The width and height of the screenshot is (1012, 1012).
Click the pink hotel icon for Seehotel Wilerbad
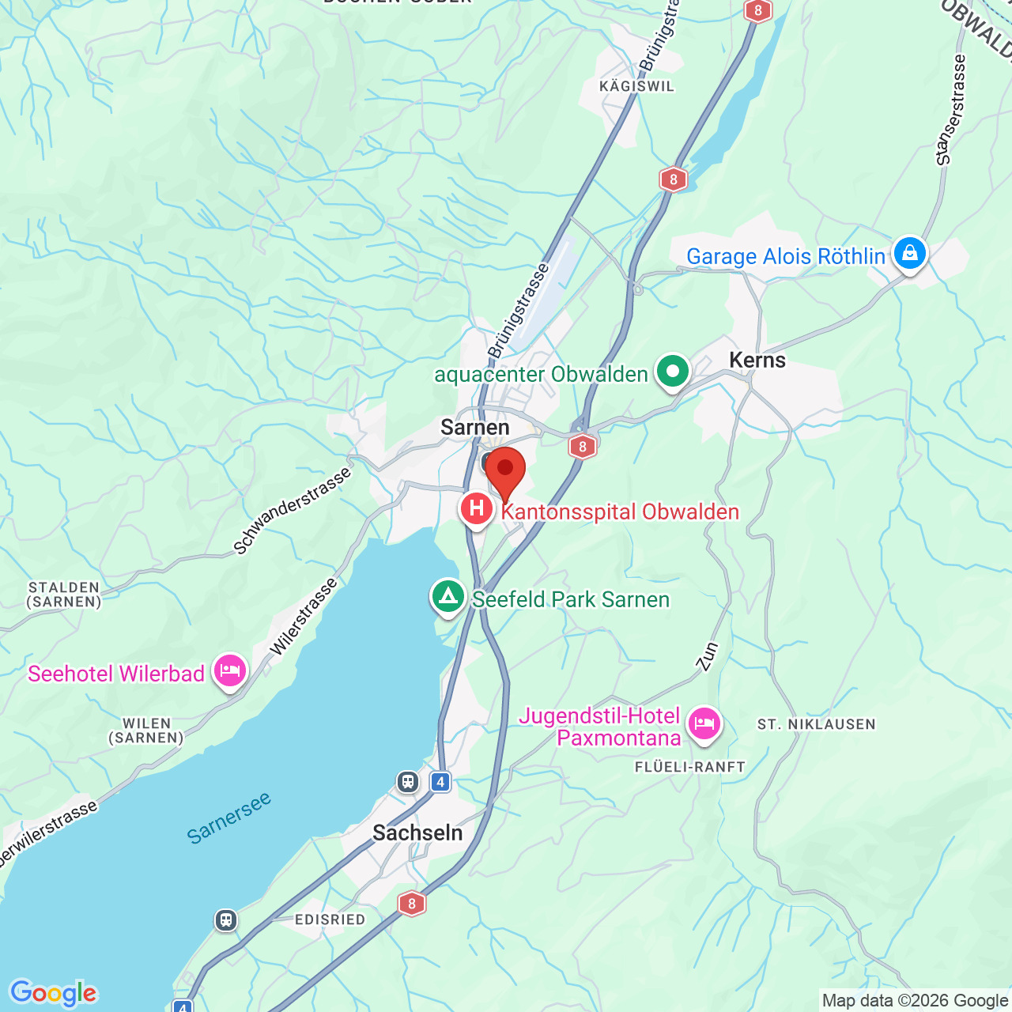tap(230, 671)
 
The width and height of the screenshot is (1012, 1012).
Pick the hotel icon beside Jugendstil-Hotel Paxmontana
tap(704, 723)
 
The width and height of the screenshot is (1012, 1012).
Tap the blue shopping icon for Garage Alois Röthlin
tap(910, 254)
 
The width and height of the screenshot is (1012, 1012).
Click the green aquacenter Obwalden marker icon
tap(672, 371)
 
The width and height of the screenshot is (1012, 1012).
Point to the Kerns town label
tap(757, 361)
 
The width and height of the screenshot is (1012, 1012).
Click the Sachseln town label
tap(417, 833)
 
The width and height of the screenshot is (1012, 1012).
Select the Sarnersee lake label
tap(229, 817)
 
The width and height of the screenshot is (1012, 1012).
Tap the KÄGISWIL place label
tap(637, 86)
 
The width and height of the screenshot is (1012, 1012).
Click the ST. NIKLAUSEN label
tap(817, 724)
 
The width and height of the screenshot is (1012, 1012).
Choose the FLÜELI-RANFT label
tap(690, 767)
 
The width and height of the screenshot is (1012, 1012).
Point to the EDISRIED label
tap(330, 919)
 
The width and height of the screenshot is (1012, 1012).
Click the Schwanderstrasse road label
tap(293, 511)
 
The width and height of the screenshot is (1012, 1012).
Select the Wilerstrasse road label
tap(304, 617)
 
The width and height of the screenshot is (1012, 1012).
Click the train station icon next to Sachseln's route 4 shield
tap(408, 782)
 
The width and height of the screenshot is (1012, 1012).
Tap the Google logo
tap(54, 993)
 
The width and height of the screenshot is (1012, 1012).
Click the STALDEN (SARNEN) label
tap(64, 595)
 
